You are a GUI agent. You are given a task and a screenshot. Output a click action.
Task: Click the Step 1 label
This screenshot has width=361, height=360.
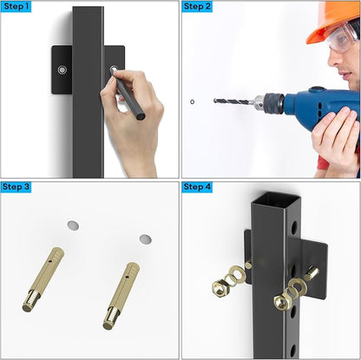pos(16,6)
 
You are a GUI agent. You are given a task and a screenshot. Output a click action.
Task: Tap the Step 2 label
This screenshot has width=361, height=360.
pos(197,6)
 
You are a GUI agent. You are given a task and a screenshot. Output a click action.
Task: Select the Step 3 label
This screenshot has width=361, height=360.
pos(16,187)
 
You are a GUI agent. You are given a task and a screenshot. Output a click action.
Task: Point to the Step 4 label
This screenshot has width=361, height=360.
pos(197,187)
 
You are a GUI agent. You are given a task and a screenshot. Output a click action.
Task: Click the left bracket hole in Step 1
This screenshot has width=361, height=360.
pos(62,70)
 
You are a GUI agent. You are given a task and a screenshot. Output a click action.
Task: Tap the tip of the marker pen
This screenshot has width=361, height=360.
pos(114,69)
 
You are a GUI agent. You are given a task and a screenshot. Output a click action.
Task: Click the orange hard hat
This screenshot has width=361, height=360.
pos(331,19)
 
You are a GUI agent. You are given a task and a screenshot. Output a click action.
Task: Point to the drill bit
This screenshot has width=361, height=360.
pos(231,101)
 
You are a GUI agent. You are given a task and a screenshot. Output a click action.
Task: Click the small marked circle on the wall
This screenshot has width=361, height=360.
pos(192,101)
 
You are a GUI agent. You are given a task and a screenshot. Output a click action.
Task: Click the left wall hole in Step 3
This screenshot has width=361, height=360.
pos(73,226)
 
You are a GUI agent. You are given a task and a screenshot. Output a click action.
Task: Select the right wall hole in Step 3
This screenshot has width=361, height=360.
pos(145,239)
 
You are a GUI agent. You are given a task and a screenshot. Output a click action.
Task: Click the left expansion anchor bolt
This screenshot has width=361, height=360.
pos(43,279)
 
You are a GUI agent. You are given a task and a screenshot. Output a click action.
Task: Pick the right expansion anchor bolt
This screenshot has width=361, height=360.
pos(121,296)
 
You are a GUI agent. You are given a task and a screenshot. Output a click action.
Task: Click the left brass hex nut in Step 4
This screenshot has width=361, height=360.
pos(220,288)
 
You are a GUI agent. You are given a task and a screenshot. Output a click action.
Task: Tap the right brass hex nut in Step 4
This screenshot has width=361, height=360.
pos(282,301)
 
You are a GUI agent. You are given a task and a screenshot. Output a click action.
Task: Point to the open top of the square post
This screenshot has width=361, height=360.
pos(276,200)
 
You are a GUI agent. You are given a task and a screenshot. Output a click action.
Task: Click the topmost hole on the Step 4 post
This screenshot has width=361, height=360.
pos(294,228)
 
